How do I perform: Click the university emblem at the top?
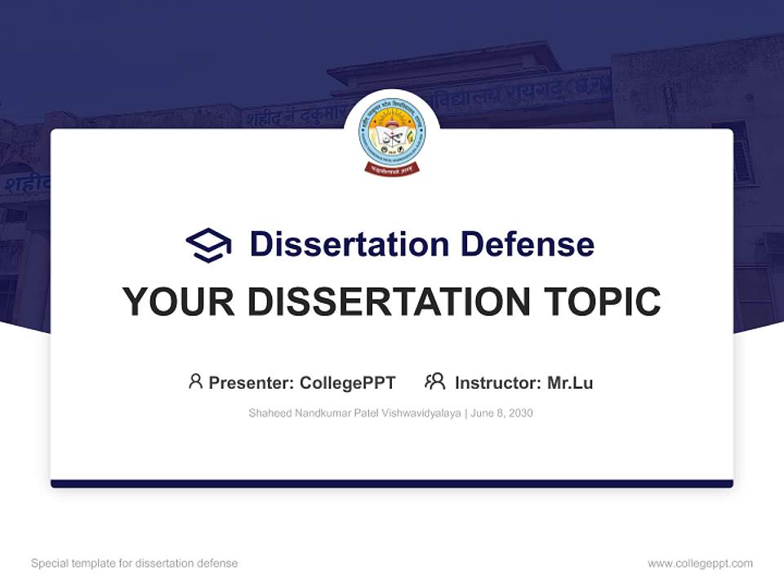point(392,135)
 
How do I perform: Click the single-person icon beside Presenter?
point(195,381)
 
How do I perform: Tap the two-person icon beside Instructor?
point(434,381)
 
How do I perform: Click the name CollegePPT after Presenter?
point(348,383)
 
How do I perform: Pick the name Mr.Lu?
point(570,383)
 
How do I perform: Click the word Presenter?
point(252,383)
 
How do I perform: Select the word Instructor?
point(498,383)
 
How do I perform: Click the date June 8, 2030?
point(501,413)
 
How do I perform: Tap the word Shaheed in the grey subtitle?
point(268,413)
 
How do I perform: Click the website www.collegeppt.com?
point(700,563)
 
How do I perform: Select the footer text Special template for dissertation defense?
point(135,563)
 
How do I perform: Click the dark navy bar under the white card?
point(392,483)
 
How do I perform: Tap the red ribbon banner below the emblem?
point(392,169)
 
